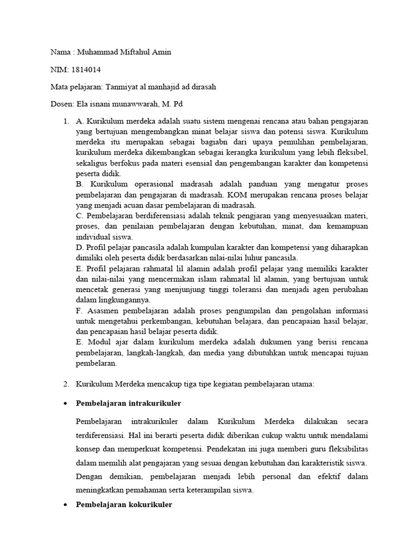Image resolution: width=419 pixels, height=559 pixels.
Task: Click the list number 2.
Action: pos(66,384)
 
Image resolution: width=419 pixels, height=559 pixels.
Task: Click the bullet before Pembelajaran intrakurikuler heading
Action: pos(66,403)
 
